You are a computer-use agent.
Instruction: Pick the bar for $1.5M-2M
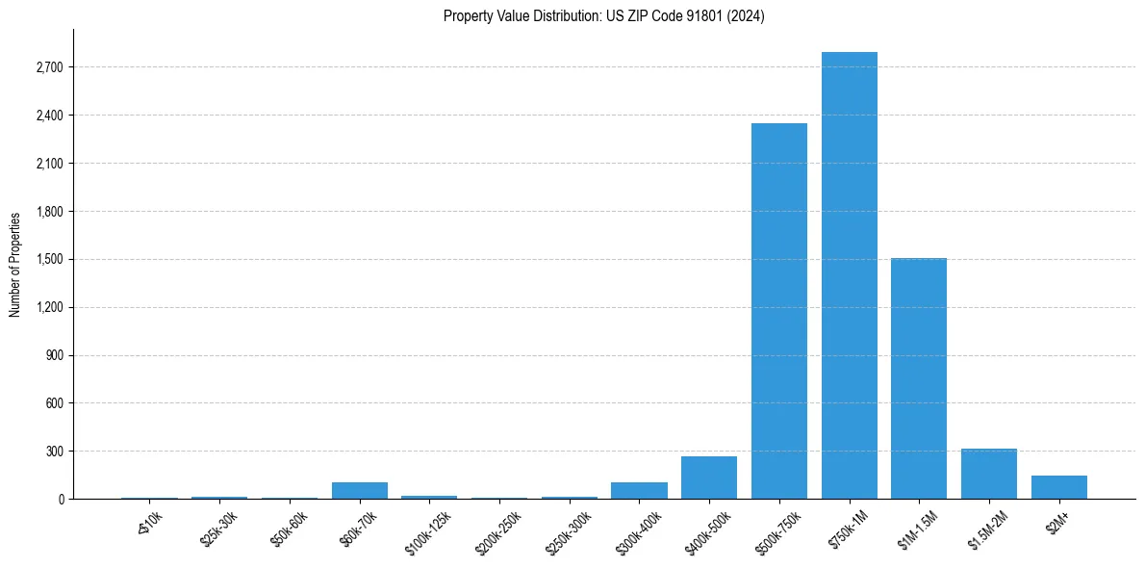coord(989,474)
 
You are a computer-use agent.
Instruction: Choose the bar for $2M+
coord(1059,487)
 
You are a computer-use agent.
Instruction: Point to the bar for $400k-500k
coord(709,478)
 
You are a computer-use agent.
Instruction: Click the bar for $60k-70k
coord(360,490)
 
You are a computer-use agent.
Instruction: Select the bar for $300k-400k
coord(639,490)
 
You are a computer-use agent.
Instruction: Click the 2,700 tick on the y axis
coord(48,67)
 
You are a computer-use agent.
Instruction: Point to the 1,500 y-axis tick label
coord(48,259)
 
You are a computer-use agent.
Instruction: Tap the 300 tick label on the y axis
coord(54,452)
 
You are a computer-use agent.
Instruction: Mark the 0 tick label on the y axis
coord(60,500)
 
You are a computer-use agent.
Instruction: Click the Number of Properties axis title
coord(15,264)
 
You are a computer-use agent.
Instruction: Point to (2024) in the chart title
coord(748,16)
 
